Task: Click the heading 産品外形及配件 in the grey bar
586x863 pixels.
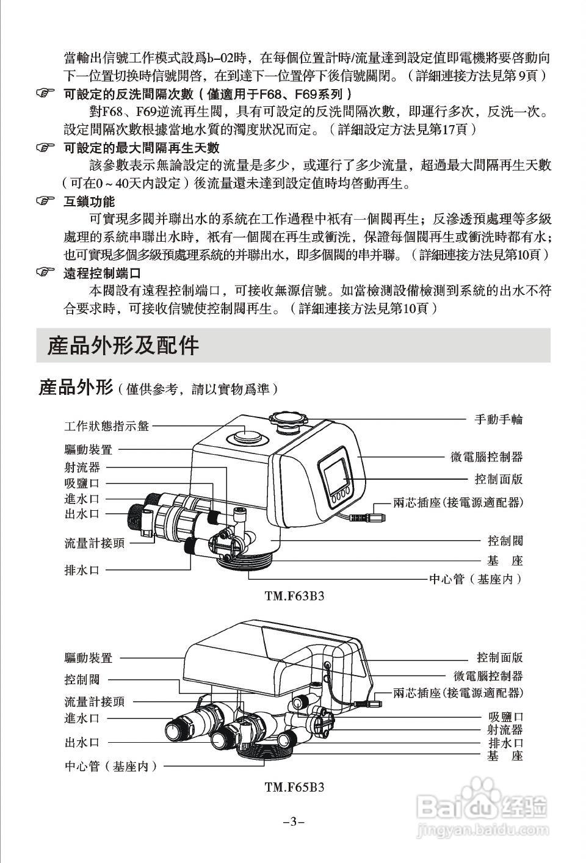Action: point(123,345)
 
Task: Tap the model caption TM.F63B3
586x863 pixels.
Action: point(294,596)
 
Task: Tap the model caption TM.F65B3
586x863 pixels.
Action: point(294,787)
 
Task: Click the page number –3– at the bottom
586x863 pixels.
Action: point(294,822)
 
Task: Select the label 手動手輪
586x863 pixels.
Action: point(499,419)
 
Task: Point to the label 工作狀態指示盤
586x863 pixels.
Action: point(107,426)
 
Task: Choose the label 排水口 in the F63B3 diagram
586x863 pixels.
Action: point(82,570)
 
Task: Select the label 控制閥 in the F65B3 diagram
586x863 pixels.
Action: point(82,679)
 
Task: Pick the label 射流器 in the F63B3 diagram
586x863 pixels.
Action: point(82,468)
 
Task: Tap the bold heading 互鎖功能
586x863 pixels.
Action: point(89,201)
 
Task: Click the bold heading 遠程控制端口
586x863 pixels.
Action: point(102,273)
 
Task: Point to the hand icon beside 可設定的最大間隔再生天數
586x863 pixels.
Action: point(45,148)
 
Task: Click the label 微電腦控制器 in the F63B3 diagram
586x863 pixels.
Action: point(487,457)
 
